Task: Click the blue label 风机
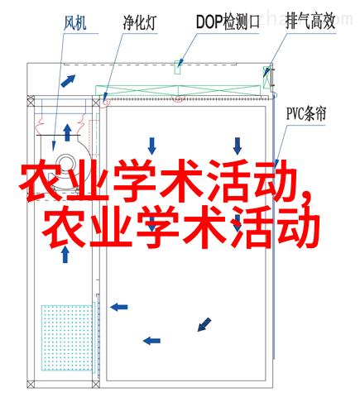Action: pos(75,22)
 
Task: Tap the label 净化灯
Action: pos(140,22)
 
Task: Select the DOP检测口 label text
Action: pos(228,22)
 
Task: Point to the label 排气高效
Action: pos(310,22)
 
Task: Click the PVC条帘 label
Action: pos(306,113)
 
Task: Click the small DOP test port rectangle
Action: pos(178,67)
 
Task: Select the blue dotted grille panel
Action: pos(66,337)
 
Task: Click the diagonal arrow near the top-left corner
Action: pos(68,81)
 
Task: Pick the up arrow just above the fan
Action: pos(67,132)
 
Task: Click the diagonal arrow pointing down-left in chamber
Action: pos(204,324)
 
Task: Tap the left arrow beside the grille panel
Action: pos(119,307)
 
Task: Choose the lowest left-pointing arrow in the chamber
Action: pos(151,341)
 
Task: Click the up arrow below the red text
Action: pos(65,254)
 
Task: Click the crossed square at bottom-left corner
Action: pos(31,384)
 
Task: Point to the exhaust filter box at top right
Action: pos(266,77)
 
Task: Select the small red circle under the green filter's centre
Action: pos(178,98)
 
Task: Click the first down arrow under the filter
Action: pos(152,146)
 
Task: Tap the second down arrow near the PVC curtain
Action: pos(238,146)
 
